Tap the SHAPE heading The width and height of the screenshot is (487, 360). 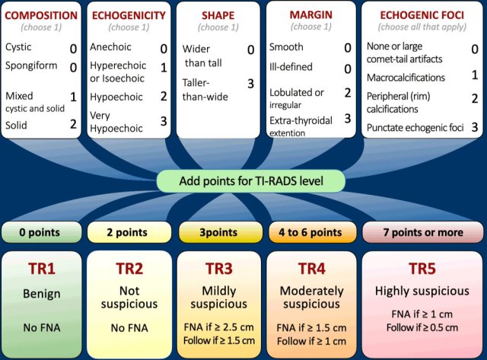[218, 14]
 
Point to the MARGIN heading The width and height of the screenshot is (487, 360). [310, 14]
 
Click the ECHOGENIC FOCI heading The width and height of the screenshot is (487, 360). [421, 14]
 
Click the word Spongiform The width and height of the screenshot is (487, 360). [30, 66]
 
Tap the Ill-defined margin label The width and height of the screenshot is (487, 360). [291, 67]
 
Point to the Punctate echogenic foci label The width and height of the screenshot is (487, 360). [415, 127]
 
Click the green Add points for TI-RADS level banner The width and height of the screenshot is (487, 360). [252, 181]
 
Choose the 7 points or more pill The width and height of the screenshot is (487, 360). [421, 231]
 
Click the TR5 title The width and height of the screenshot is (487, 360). [421, 268]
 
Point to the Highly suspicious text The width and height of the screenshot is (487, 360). [421, 291]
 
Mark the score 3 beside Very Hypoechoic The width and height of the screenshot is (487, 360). [164, 121]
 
